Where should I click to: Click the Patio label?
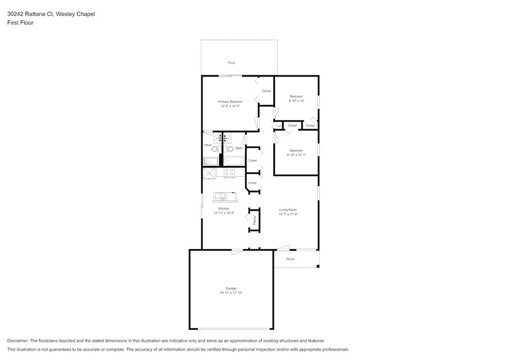[x=232, y=63]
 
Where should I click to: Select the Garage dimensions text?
[x=231, y=293]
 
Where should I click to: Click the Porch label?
[x=290, y=259]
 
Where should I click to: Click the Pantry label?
[x=255, y=221]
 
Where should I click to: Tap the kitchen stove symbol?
[x=229, y=173]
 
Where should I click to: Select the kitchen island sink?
[x=221, y=197]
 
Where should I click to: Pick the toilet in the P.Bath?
[x=216, y=148]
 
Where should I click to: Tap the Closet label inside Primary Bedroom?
[x=266, y=91]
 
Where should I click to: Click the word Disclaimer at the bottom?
[x=21, y=340]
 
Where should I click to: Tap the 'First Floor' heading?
[x=20, y=23]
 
